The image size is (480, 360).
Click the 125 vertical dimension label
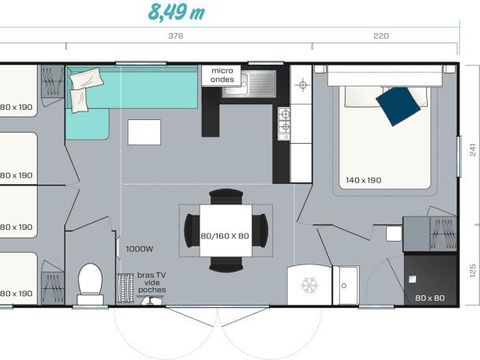471,269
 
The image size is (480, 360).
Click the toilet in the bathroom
91,283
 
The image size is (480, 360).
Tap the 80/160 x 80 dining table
225,228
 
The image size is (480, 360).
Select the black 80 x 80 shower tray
431,279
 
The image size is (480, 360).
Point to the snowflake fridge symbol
309,285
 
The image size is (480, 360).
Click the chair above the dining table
226,196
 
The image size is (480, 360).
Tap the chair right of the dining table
260,229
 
